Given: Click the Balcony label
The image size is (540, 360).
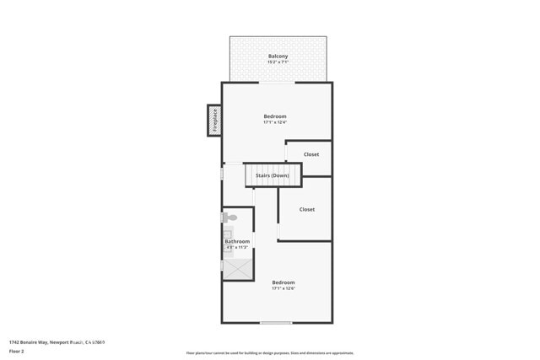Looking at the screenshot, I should click(x=278, y=56).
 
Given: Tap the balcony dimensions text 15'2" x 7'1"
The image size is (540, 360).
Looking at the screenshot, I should click(x=278, y=63).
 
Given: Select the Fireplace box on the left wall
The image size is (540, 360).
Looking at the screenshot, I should click(x=214, y=121).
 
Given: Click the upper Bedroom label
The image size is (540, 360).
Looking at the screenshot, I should click(x=275, y=116).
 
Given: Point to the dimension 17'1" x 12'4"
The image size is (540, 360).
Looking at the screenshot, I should click(x=275, y=123).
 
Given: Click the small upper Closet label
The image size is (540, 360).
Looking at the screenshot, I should click(x=310, y=154).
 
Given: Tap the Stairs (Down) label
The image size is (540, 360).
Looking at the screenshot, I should click(x=273, y=175).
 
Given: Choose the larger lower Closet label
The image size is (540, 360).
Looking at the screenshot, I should click(x=307, y=209).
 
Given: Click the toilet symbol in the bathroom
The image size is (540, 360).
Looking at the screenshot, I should click(x=229, y=218).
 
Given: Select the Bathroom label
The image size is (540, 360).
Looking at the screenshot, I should click(x=237, y=242).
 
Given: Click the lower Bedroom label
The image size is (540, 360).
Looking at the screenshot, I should click(x=283, y=282).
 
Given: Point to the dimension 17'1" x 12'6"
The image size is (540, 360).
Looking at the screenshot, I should click(x=283, y=289).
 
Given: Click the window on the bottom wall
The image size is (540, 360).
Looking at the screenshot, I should click(x=276, y=323).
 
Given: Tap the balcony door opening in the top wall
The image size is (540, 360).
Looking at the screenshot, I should click(x=276, y=82).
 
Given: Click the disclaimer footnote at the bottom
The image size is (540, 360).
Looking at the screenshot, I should click(x=269, y=353).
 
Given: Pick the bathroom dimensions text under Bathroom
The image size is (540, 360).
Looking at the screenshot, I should click(x=236, y=248).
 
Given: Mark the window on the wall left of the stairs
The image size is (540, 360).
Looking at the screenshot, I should click(x=222, y=175).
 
